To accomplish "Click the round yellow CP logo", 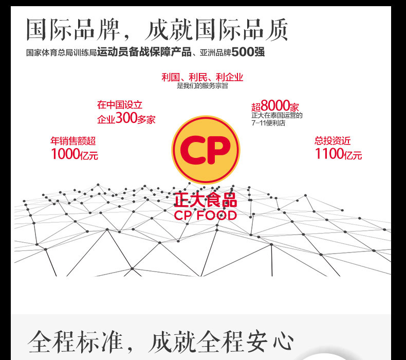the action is [206, 150].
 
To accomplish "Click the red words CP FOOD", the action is [206, 215].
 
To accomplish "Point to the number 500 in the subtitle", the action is [243, 53].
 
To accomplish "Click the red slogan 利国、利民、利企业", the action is [202, 78].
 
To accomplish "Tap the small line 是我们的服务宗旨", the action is [202, 86].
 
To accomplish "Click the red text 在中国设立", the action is [118, 105].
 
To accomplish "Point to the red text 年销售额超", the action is [73, 140].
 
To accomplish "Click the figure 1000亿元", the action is [74, 154].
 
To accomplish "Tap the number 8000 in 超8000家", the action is [275, 106].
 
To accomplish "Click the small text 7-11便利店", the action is [268, 123].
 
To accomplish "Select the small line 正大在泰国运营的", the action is [277, 116].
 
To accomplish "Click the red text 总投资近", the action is [333, 140].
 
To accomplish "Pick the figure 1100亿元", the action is [338, 154].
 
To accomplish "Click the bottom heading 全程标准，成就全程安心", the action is [161, 342].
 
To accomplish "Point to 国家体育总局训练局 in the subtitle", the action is [61, 53].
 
